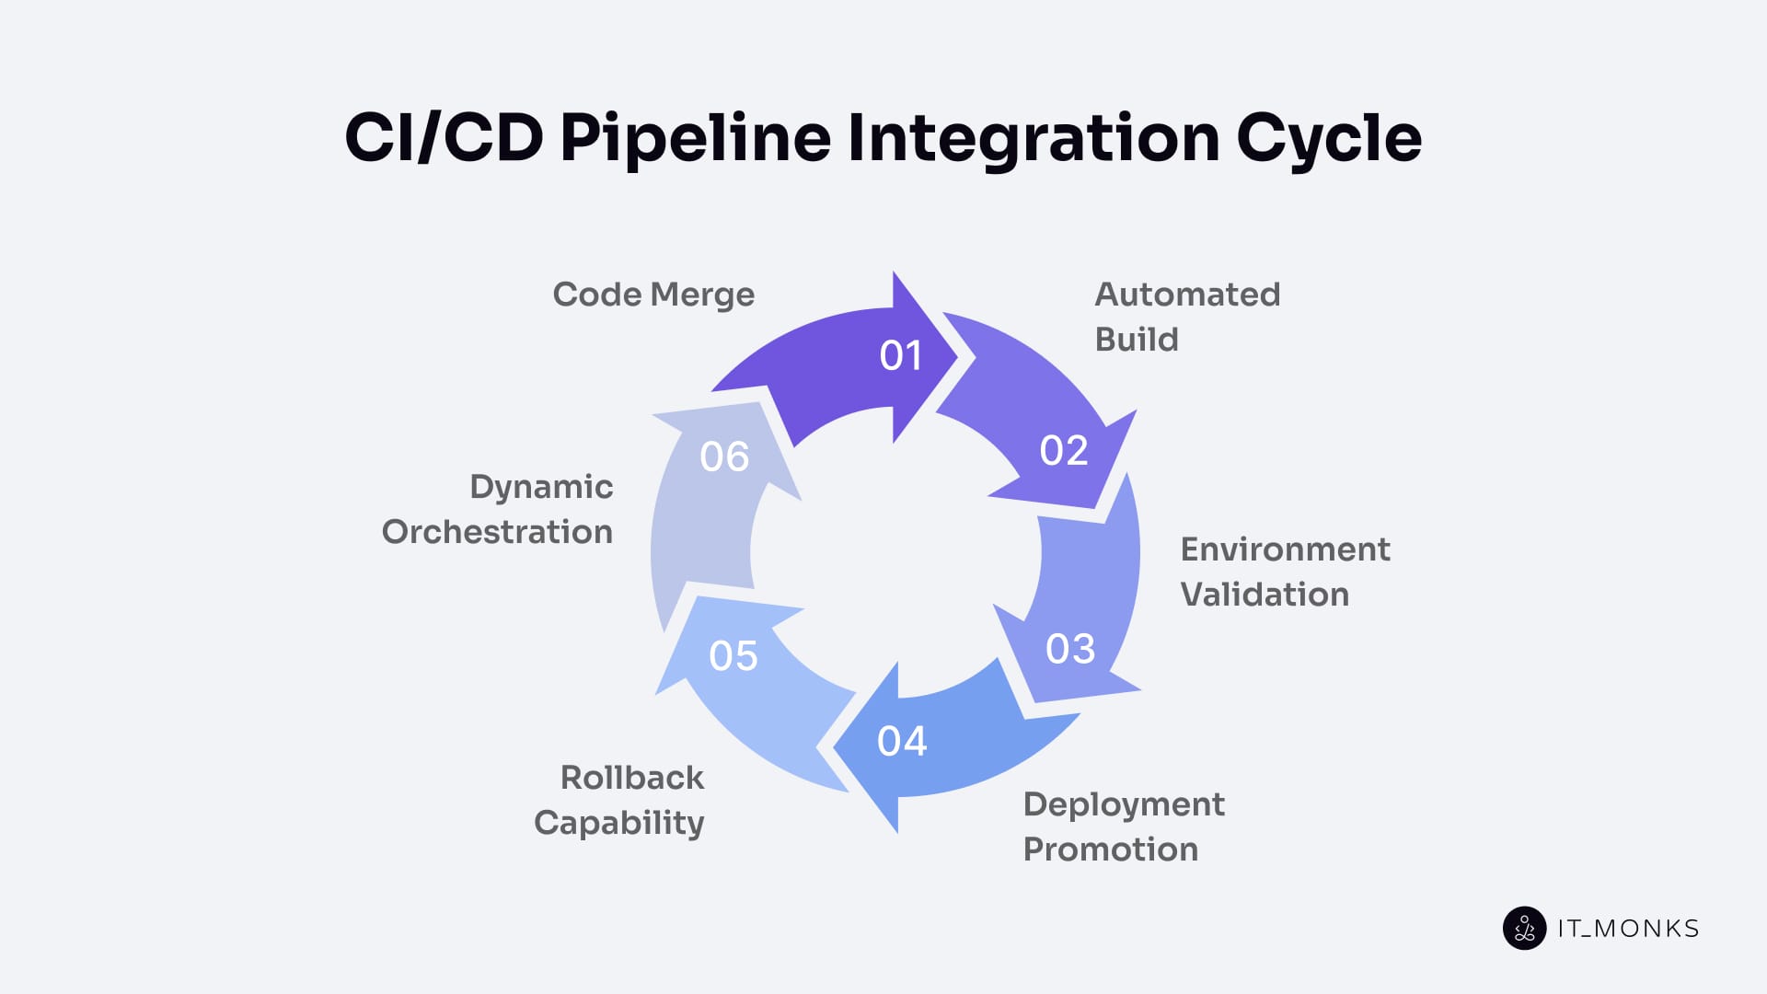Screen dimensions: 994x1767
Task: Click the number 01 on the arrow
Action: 900,356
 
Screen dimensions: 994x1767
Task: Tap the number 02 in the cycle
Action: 1063,451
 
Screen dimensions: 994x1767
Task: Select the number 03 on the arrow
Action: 1070,650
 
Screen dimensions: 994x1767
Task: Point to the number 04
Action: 901,742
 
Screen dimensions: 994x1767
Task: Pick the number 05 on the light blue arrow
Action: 733,656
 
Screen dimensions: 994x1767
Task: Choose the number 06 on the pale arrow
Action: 724,457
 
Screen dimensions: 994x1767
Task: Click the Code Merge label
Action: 653,295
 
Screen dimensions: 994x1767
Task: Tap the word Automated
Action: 1186,295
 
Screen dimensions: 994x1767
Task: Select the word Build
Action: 1136,340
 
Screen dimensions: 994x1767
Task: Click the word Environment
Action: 1285,549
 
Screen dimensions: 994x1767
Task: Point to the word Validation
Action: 1264,595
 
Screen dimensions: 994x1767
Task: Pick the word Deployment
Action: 1123,805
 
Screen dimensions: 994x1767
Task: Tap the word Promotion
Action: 1110,850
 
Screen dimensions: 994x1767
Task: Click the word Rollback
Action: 631,778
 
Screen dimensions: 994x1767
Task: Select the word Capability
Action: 618,823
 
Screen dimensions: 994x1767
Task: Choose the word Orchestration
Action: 497,532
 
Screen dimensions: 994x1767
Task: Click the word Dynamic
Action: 541,487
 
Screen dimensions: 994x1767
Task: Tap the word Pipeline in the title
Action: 695,138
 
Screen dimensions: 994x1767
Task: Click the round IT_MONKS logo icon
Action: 1524,928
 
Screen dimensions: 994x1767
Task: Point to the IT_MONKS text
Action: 1627,929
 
